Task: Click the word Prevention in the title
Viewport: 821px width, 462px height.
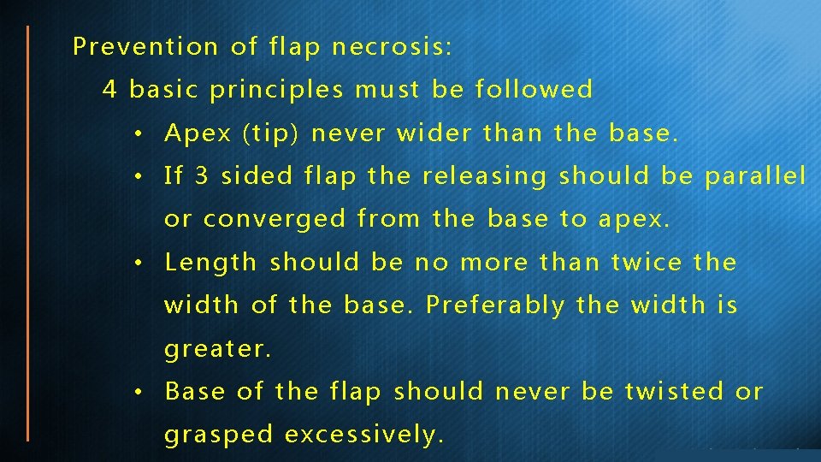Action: click(145, 46)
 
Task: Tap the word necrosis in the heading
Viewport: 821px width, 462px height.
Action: click(392, 46)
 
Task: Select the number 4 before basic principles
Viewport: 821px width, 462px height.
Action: click(109, 89)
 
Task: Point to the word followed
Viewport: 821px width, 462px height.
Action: click(535, 89)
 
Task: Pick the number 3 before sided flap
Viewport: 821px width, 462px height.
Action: click(202, 176)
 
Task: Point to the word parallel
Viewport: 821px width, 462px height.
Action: click(755, 176)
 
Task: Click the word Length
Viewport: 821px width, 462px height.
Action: click(210, 262)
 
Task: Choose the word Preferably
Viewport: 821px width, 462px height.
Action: click(495, 305)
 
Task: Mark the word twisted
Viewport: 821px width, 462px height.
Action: click(675, 391)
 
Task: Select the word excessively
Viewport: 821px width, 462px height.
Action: click(364, 435)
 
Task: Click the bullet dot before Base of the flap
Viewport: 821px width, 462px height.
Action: click(139, 393)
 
